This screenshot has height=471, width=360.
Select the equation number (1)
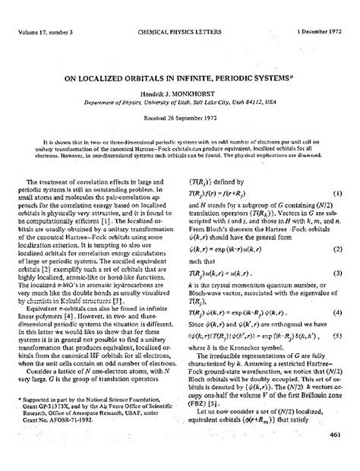click(x=337, y=193)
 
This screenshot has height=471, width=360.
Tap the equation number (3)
click(x=337, y=271)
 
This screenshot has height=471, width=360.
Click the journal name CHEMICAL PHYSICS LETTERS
click(x=180, y=11)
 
